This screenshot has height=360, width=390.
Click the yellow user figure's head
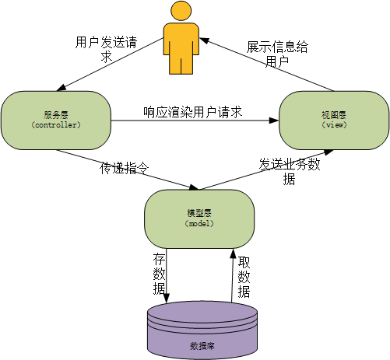[x=181, y=11]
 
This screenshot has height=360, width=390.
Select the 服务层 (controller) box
[x=56, y=121]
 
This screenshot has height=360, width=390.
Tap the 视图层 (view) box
[x=334, y=121]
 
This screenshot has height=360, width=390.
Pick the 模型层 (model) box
[x=199, y=219]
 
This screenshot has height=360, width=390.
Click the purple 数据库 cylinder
[x=202, y=330]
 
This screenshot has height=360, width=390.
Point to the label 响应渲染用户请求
[x=193, y=112]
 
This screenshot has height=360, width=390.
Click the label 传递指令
[x=125, y=168]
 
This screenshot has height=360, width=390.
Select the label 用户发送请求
[x=106, y=49]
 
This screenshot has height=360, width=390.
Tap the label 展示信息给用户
[x=277, y=54]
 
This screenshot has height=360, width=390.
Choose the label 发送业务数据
[x=290, y=172]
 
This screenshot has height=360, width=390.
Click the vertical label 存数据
[x=159, y=274]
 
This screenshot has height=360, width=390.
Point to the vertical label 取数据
[x=244, y=277]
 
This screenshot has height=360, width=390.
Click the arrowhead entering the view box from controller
[x=274, y=121]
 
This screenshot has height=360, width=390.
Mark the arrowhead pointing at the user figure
[x=204, y=40]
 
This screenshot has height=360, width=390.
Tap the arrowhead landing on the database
[x=167, y=298]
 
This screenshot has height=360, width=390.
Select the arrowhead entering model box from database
[x=233, y=253]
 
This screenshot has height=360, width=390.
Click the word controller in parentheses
[x=56, y=125]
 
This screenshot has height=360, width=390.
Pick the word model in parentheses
[x=199, y=224]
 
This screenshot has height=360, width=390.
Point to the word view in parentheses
[x=335, y=125]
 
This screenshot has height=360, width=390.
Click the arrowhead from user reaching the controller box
[x=61, y=89]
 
